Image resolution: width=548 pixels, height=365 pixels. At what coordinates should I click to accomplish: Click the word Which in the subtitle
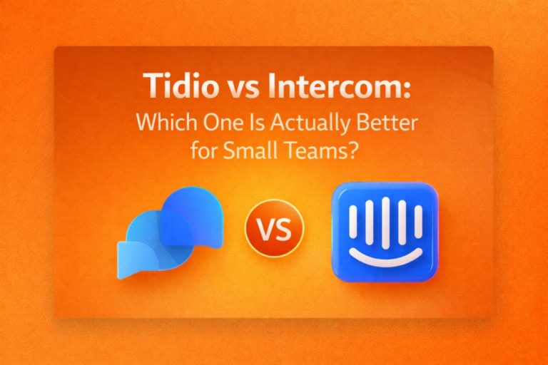(163, 123)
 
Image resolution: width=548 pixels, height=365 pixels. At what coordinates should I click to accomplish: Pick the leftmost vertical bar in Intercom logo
(353, 222)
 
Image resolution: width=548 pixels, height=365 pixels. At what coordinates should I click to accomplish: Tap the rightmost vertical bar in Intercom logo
(416, 222)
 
